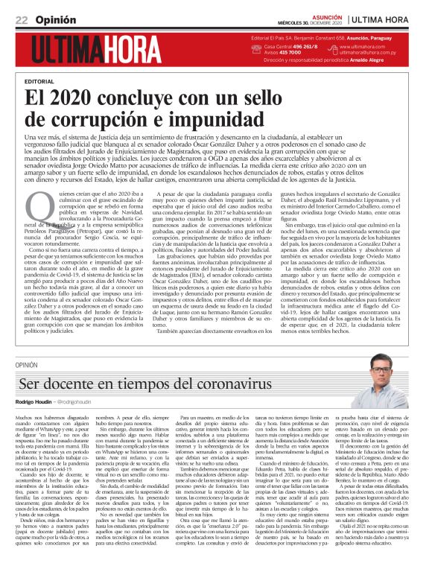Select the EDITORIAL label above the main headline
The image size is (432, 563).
coord(39,80)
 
